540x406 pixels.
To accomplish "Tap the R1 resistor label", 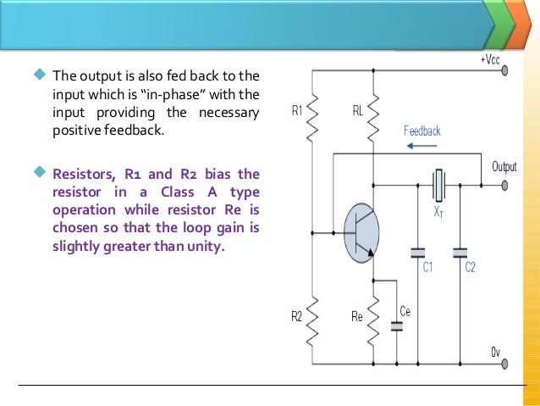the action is [297, 110].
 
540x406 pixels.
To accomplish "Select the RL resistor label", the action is [358, 110].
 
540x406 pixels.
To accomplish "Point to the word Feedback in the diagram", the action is [422, 131].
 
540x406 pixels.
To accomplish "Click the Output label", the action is [504, 167].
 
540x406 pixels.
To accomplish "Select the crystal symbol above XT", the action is [438, 181].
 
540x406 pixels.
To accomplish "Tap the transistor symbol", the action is [361, 231].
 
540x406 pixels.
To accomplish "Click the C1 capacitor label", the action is [427, 267].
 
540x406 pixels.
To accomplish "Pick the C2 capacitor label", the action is [470, 267].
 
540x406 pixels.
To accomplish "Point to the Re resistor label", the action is [356, 317].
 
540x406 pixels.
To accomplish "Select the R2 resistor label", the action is [297, 317].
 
